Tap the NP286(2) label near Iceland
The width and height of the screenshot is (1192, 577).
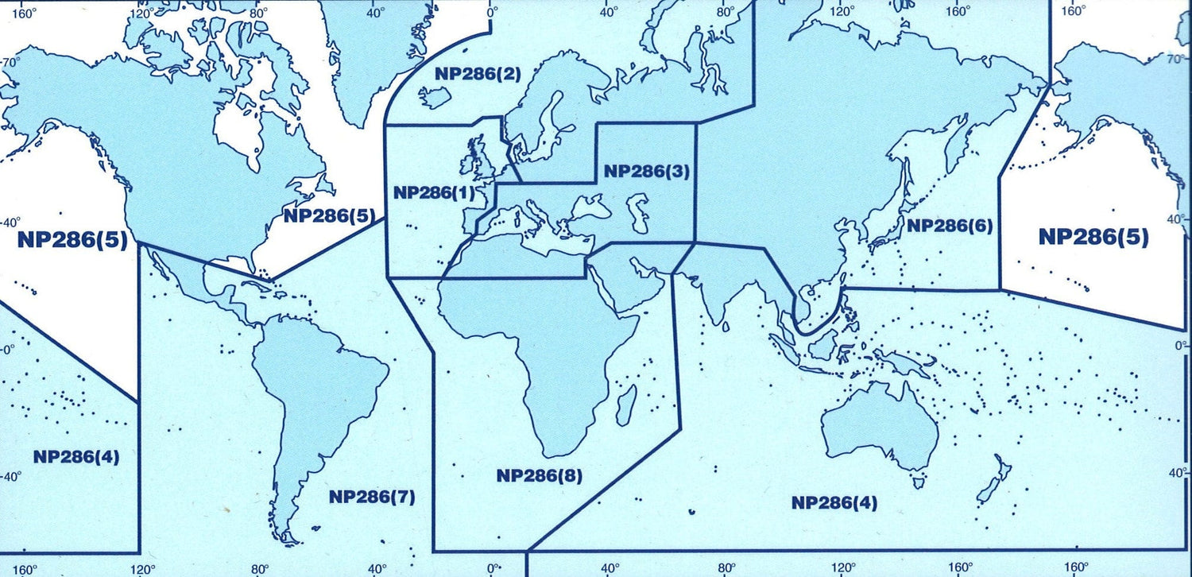[x=466, y=75]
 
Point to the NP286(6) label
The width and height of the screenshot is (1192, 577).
[x=950, y=226]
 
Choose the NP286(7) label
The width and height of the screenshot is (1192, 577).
[x=372, y=498]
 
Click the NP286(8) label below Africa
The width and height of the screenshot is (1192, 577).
[x=540, y=476]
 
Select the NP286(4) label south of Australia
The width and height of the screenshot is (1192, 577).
[x=834, y=502]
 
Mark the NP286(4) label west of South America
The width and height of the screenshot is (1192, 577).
[x=76, y=456]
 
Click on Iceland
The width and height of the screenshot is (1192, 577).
[x=435, y=99]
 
